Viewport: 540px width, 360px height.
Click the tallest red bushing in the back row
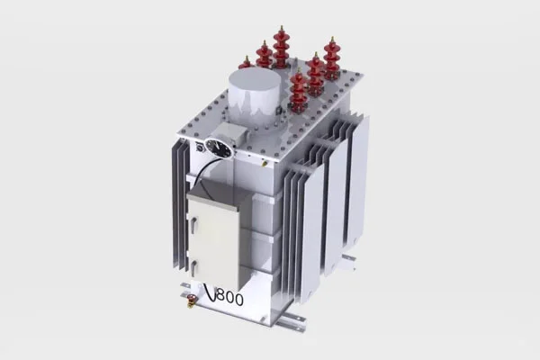tap(281, 47)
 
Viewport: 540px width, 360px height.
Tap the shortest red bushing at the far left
tap(247, 63)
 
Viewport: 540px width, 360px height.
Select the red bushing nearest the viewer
tap(299, 89)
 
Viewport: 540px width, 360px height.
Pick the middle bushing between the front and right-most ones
tap(316, 74)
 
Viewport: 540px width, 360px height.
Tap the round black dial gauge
tap(218, 148)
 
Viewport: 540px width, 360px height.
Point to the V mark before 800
tap(211, 292)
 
